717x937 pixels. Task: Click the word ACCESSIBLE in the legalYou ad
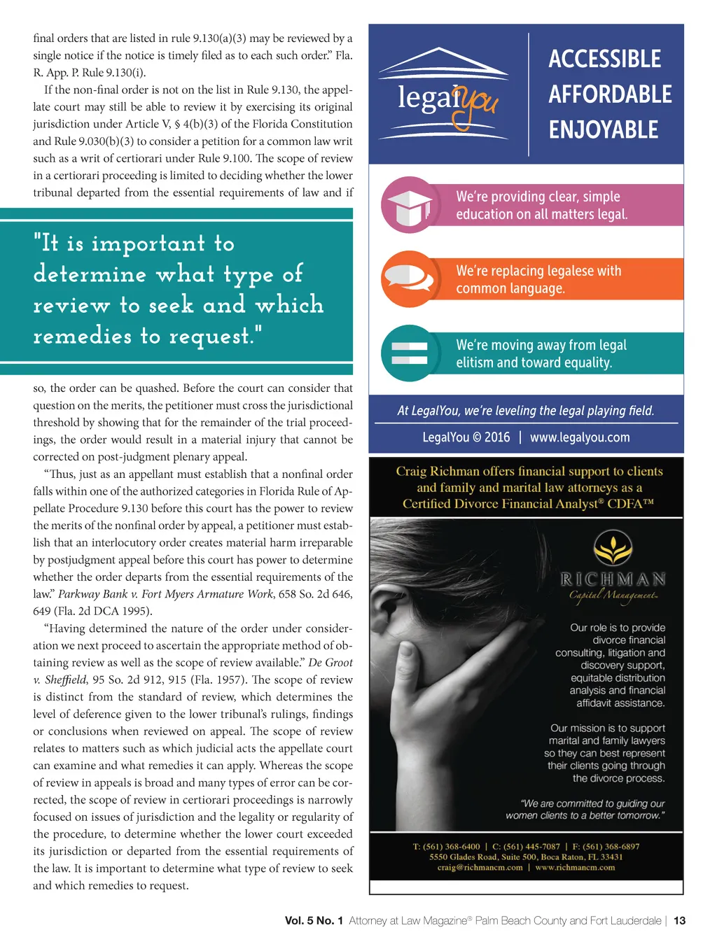(604, 59)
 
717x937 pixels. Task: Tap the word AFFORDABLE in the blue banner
(610, 94)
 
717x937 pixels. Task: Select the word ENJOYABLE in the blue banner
(604, 130)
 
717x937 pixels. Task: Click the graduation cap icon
(410, 206)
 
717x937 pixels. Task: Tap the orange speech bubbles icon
(409, 279)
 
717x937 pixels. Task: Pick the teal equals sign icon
(410, 353)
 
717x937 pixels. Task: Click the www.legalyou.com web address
(580, 437)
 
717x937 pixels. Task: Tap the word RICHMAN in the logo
(613, 579)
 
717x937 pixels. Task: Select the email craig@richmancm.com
(480, 868)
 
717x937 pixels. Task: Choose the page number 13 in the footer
(679, 921)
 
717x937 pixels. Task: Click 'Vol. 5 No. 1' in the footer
(314, 921)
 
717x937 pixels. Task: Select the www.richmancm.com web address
(575, 868)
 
